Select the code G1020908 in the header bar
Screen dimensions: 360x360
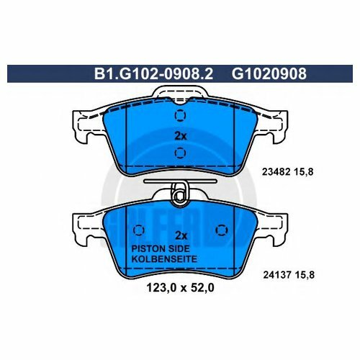pos(263,73)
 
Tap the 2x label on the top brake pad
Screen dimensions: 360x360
pos(180,135)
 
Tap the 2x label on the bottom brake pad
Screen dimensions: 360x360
pos(180,235)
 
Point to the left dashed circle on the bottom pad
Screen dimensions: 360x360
pos(140,230)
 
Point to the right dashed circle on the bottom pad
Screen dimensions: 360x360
pos(220,230)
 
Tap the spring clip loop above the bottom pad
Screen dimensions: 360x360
pos(180,192)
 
